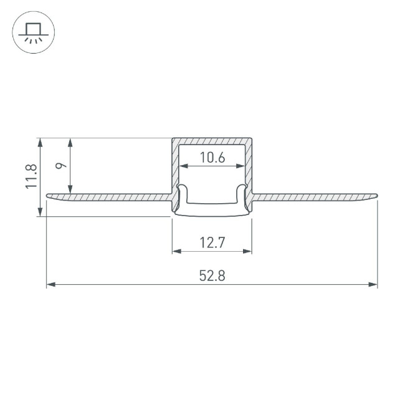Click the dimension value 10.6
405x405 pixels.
click(x=212, y=158)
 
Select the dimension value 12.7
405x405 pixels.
click(x=212, y=243)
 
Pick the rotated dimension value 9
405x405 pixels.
click(x=60, y=166)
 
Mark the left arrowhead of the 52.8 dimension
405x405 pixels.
click(x=50, y=285)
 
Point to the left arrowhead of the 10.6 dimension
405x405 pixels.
click(x=183, y=166)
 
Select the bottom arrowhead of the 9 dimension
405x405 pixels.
click(x=71, y=189)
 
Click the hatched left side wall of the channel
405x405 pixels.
click(x=175, y=168)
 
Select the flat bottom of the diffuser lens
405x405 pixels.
click(x=212, y=213)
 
